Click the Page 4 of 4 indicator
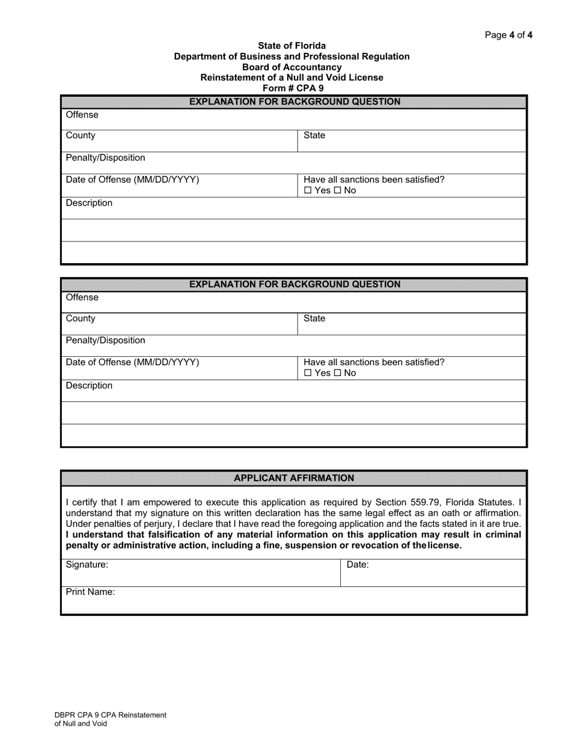[x=508, y=35]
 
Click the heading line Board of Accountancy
[x=292, y=67]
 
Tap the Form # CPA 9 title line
[x=292, y=88]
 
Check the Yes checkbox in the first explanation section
[x=308, y=190]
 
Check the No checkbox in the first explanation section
[x=338, y=190]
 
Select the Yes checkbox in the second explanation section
[x=308, y=373]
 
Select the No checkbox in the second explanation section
[x=338, y=373]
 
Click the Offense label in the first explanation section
[x=82, y=115]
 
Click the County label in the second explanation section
[x=81, y=318]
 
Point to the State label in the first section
[x=314, y=135]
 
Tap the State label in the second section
[x=314, y=318]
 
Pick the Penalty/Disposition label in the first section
[x=105, y=157]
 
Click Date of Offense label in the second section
[x=132, y=362]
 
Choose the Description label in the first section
[x=89, y=203]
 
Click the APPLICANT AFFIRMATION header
[x=293, y=478]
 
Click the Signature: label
[x=87, y=565]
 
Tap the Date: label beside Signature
[x=358, y=565]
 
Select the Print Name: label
[x=90, y=592]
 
